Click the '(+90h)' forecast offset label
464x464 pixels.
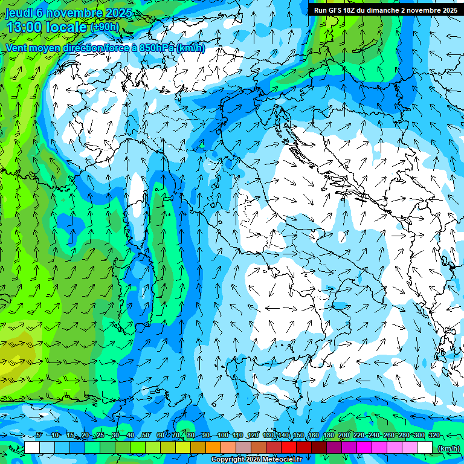[x=105, y=28]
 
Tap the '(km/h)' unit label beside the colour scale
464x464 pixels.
[x=448, y=448]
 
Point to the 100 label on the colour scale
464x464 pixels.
[x=222, y=436]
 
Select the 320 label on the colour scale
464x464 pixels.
[x=434, y=436]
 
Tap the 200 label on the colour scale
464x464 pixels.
[x=343, y=436]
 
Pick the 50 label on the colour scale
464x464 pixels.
[x=146, y=436]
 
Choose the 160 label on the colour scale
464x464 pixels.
[x=313, y=436]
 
